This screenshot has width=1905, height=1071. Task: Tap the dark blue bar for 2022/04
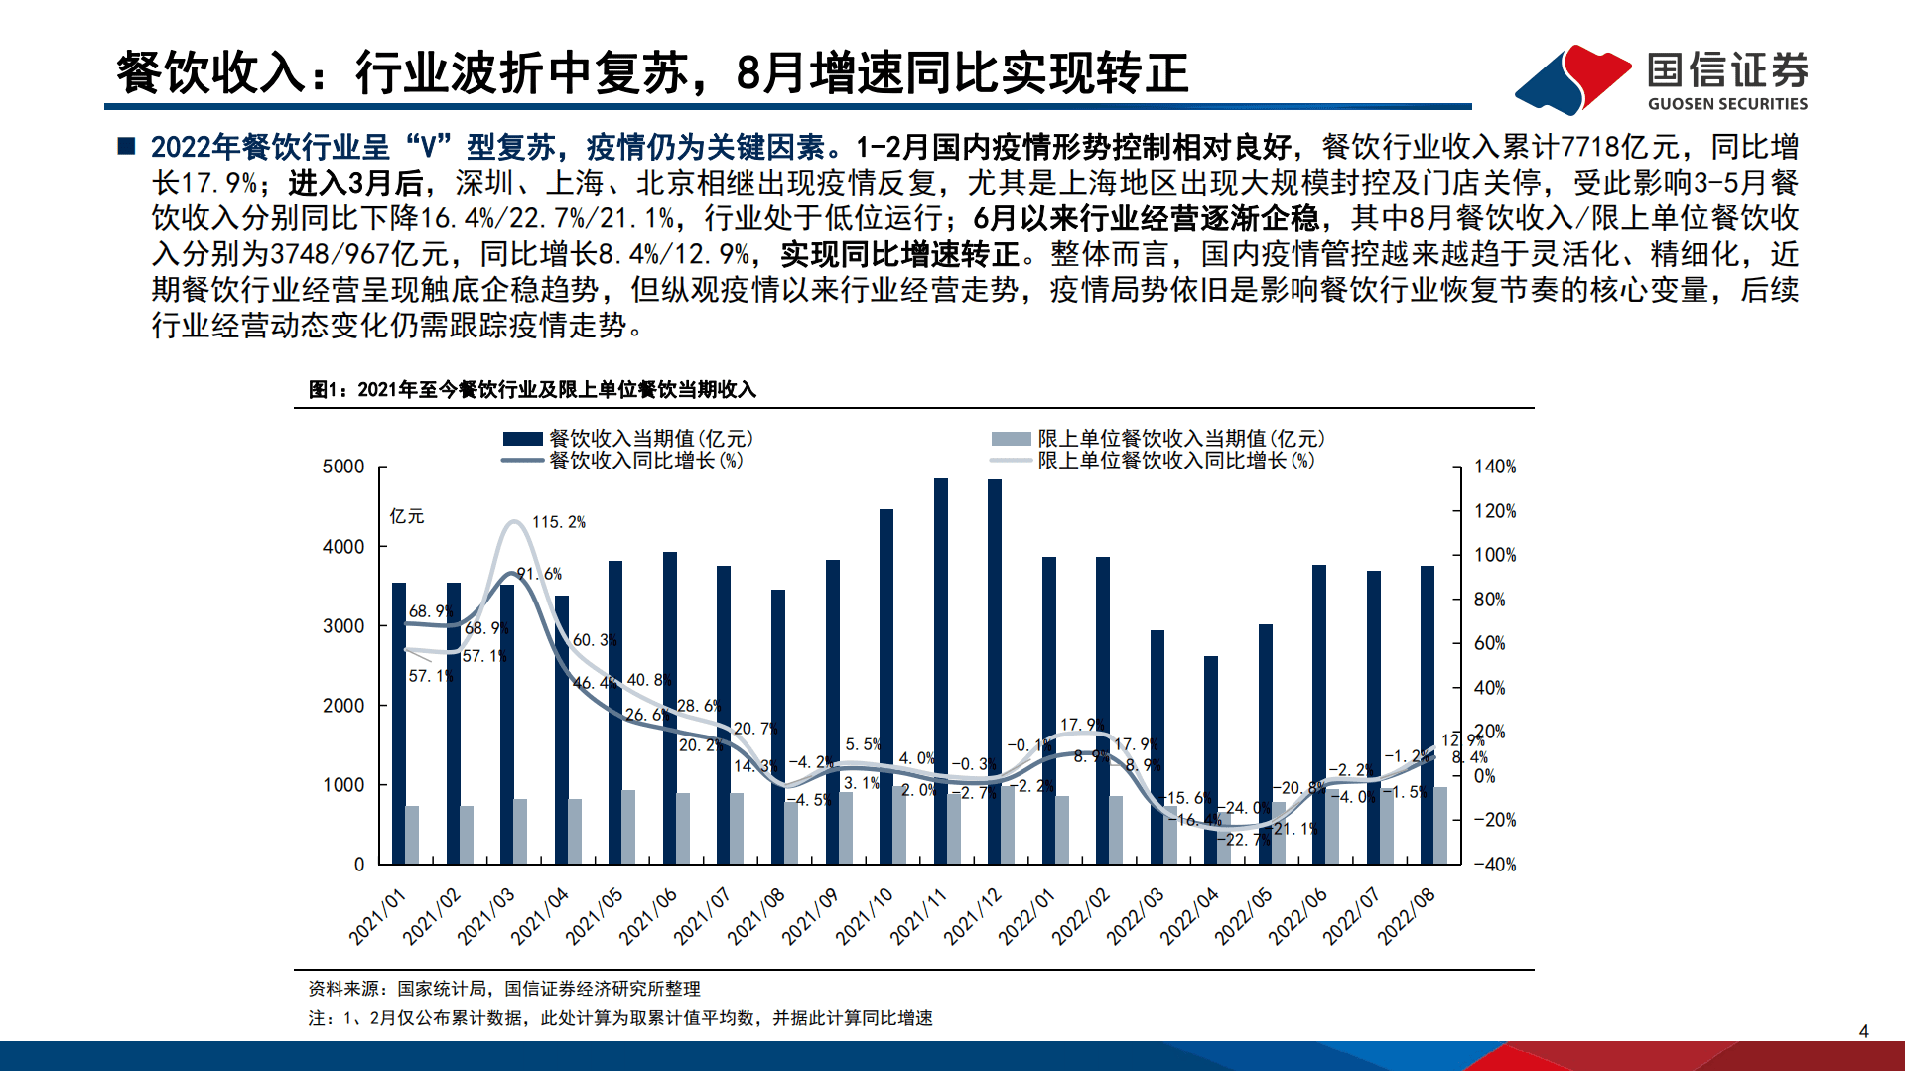click(x=1210, y=759)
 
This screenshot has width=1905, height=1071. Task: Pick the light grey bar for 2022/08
click(x=1440, y=825)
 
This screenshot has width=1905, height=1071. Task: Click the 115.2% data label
click(x=559, y=522)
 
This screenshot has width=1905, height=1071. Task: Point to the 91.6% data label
click(x=539, y=574)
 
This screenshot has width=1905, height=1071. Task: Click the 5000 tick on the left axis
click(x=343, y=467)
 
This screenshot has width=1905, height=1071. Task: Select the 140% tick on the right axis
click(x=1494, y=467)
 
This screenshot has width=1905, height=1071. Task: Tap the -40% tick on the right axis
click(x=1494, y=865)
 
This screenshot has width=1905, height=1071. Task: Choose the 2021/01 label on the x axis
click(x=378, y=916)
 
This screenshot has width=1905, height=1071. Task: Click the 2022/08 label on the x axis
click(x=1407, y=916)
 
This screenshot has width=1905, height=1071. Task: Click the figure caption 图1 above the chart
click(x=532, y=390)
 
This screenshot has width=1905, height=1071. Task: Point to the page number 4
click(x=1863, y=1031)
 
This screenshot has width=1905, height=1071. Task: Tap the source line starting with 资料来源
click(x=504, y=989)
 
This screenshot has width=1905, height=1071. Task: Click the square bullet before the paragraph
click(x=126, y=147)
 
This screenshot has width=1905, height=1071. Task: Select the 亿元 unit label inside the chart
click(x=407, y=516)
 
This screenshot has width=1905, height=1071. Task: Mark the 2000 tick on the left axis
click(x=343, y=706)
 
